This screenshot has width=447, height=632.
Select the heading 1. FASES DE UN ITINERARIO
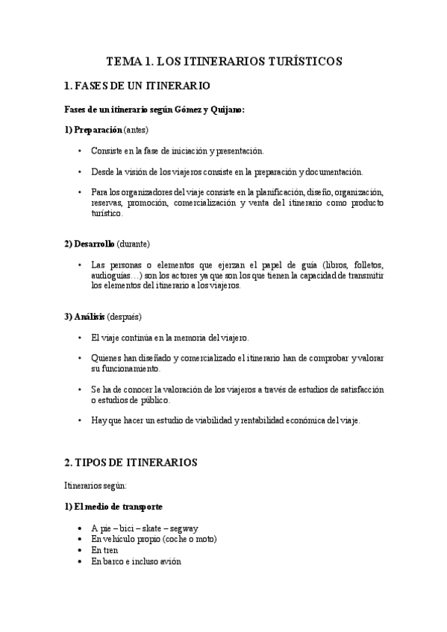pyautogui.click(x=137, y=86)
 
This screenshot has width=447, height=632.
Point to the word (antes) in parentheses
pyautogui.click(x=137, y=130)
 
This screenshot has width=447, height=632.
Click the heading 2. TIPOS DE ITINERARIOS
pyautogui.click(x=131, y=462)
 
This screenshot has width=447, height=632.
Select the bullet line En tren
pyautogui.click(x=104, y=550)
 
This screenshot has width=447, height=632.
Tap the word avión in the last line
pyautogui.click(x=168, y=561)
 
